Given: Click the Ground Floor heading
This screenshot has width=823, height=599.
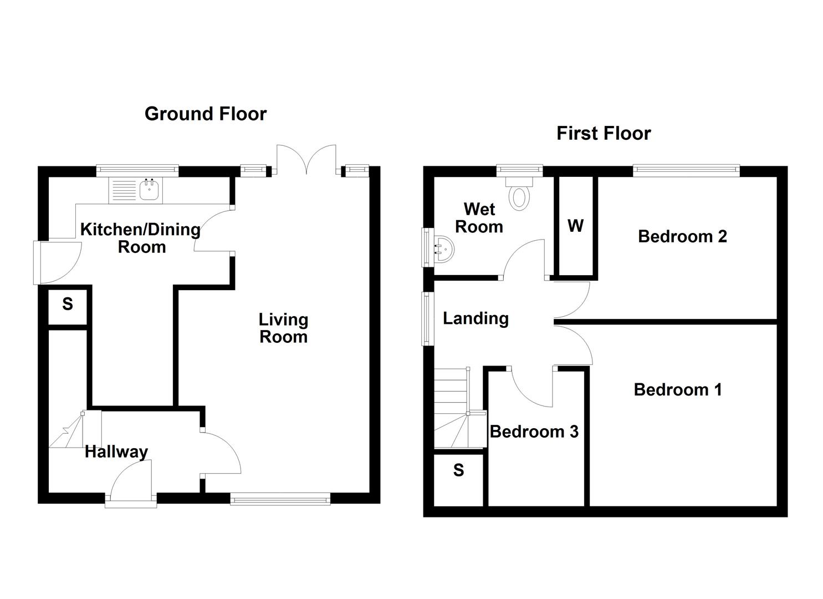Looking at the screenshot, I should click(206, 114).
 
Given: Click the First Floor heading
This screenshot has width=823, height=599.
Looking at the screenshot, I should click(604, 134).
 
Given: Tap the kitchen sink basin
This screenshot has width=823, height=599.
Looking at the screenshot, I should click(150, 190).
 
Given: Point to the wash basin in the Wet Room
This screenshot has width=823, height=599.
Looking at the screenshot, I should click(443, 248).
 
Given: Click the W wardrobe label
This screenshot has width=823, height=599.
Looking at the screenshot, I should click(576, 226).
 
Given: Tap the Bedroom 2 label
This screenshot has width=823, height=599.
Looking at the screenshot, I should click(682, 236).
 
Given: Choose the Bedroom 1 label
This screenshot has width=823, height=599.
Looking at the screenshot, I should click(678, 389).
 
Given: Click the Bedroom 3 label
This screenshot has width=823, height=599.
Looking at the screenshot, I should click(534, 432).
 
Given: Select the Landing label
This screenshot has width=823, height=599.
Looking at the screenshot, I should click(476, 318).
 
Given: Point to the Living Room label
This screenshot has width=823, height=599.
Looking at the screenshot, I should click(283, 328).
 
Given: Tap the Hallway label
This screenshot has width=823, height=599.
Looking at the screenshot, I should click(116, 451).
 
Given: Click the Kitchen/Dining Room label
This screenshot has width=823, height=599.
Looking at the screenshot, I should click(140, 237).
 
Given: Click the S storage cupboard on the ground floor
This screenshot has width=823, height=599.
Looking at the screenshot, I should click(68, 304).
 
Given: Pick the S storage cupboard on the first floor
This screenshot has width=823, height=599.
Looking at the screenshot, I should click(458, 470).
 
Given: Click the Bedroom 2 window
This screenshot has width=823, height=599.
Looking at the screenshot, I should click(687, 170).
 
